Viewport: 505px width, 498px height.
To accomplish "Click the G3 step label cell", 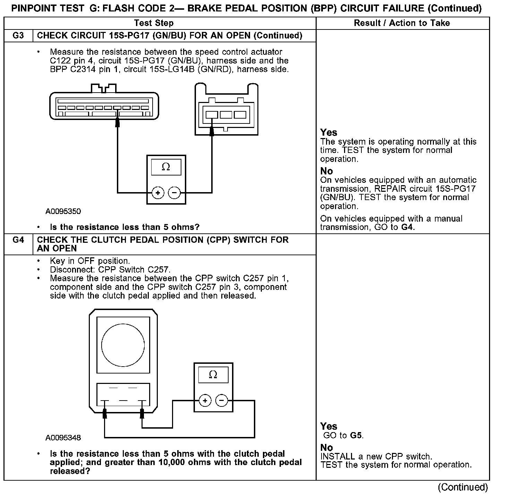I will tap(18, 36).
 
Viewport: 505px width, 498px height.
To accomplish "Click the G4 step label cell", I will tap(18, 240).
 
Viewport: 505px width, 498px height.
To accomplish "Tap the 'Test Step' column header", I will tap(154, 23).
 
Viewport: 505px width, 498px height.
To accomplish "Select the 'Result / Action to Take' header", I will tap(402, 23).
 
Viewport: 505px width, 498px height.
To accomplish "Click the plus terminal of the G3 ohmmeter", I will tap(158, 192).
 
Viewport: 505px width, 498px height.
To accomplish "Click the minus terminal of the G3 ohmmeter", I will tap(174, 192).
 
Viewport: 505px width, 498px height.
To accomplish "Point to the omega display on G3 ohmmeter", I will tap(166, 168).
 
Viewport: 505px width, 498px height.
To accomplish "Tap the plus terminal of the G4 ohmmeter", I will tap(205, 401).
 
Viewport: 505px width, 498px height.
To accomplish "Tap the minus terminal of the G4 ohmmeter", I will tap(222, 401).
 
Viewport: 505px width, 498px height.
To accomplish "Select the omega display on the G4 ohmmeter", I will tap(213, 375).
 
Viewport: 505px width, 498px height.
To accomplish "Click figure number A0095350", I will tap(63, 212).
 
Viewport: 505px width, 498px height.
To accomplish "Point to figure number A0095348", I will tap(63, 438).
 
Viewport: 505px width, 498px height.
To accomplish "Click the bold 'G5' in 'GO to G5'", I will tap(356, 436).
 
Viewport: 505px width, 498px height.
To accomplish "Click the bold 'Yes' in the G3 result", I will tap(328, 132).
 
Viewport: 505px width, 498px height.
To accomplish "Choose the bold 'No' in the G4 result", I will tap(326, 447).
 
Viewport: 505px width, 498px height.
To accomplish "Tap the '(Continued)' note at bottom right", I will tap(463, 487).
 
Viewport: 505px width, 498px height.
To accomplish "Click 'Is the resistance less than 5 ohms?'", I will tap(125, 227).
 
